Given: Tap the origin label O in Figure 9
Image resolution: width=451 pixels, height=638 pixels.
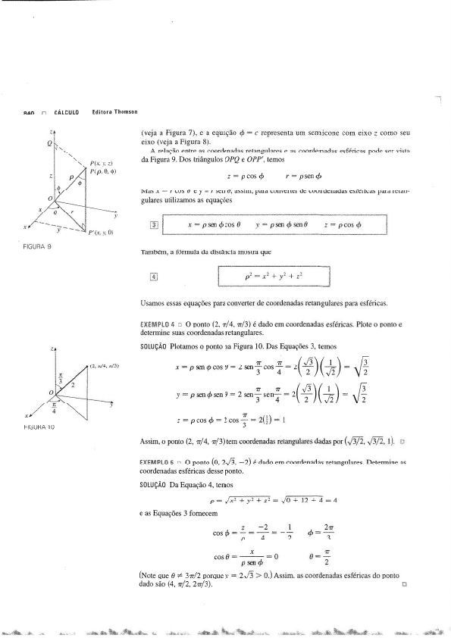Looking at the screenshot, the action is pos(49,199).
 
